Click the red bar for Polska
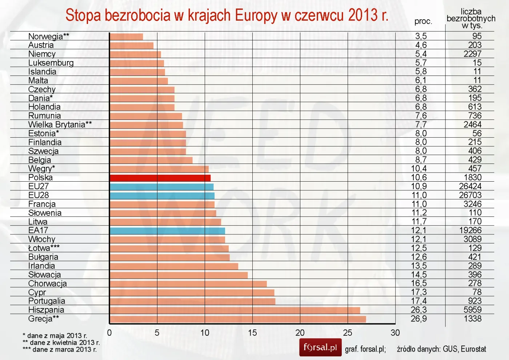160,178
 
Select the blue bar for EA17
167,231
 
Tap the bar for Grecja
238,319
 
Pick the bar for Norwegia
126,37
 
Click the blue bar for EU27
161,187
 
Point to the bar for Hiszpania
235,310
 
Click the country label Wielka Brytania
60,125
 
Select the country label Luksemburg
51,63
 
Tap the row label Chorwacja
48,284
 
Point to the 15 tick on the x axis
252,333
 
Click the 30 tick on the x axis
395,333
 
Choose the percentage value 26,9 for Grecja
419,319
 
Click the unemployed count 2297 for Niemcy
472,54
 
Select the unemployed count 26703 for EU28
470,195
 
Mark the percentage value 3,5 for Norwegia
421,36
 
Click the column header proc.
423,21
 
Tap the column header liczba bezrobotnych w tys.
471,19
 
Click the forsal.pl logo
320,347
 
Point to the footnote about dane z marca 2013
60,350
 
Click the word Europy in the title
256,16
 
